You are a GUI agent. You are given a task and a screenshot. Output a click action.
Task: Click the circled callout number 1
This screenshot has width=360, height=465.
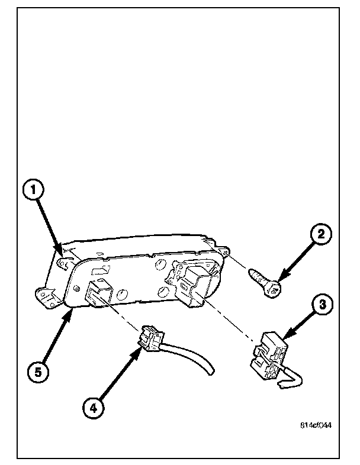point(34,190)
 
